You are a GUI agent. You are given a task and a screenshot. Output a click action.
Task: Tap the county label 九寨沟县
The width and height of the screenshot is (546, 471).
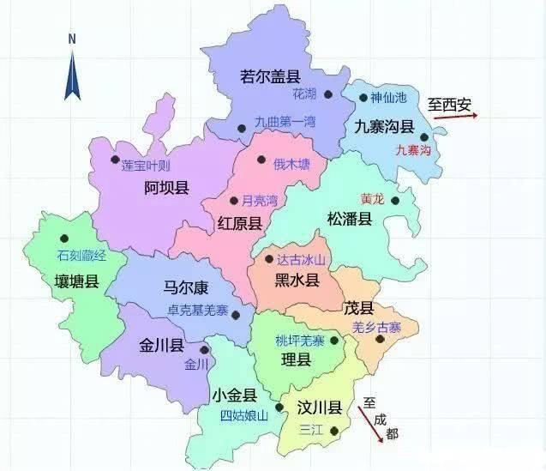coord(385,127)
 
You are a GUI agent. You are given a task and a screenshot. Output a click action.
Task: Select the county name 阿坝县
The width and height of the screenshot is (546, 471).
coord(167,189)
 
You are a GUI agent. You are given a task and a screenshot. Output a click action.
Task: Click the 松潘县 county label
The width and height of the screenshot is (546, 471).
coord(350,220)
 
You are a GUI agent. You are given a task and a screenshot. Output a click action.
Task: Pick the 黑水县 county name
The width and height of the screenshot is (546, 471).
coord(297,280)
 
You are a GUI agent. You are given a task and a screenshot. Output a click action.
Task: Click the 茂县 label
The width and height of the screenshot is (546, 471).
coord(358,308)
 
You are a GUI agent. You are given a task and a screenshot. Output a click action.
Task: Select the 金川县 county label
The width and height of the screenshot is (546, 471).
coord(162,346)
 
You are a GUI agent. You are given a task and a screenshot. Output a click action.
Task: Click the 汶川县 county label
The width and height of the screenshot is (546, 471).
coord(319,408)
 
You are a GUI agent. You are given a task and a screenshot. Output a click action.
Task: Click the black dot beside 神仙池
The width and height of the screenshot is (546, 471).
coord(363,98)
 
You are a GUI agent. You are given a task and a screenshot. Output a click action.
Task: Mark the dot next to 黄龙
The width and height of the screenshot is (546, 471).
coord(395,201)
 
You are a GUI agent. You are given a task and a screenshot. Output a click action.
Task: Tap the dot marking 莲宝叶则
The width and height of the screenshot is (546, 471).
coord(115,159)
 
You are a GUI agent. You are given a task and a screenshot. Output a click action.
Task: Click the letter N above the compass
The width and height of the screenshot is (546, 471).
coord(73,39)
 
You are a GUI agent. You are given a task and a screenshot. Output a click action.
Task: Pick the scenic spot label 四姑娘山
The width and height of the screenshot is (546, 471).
coord(243,416)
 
